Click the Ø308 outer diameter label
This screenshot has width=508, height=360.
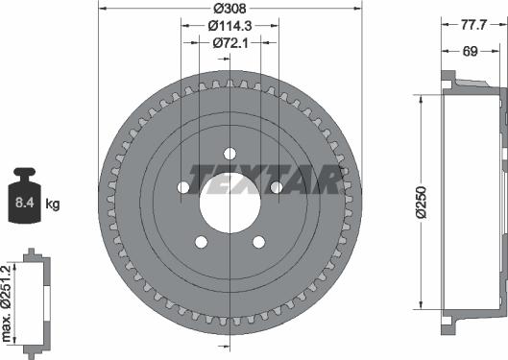pyautogui.click(x=230, y=9)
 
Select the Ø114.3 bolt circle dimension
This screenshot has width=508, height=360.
pyautogui.click(x=230, y=26)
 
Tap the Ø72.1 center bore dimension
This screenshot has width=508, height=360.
pyautogui.click(x=230, y=43)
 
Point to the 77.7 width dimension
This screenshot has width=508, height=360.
pyautogui.click(x=474, y=25)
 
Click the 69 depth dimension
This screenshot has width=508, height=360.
pyautogui.click(x=471, y=51)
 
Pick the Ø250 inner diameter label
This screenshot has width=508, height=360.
pyautogui.click(x=422, y=203)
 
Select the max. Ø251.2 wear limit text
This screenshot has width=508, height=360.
pyautogui.click(x=6, y=303)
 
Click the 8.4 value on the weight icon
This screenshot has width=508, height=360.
pyautogui.click(x=25, y=203)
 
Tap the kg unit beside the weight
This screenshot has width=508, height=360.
pyautogui.click(x=53, y=204)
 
